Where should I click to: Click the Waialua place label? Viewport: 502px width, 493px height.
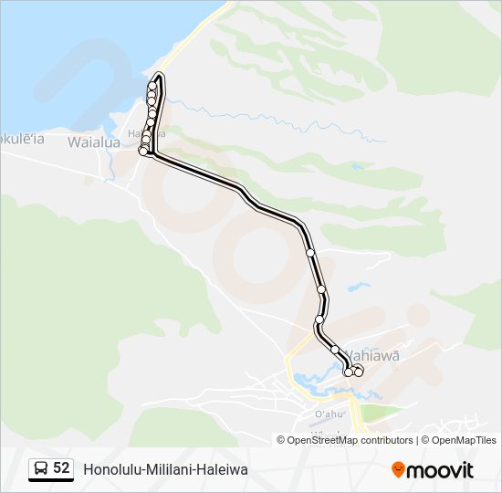pyautogui.click(x=92, y=142)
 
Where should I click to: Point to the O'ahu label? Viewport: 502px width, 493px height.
pyautogui.click(x=329, y=414)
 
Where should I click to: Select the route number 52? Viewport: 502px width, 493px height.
pyautogui.click(x=61, y=468)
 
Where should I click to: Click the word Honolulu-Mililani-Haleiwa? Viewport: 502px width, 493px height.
pyautogui.click(x=165, y=469)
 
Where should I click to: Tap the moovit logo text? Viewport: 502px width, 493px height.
pyautogui.click(x=440, y=470)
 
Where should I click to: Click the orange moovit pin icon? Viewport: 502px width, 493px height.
pyautogui.click(x=398, y=469)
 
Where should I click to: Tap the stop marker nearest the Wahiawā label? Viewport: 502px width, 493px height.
pyautogui.click(x=359, y=370)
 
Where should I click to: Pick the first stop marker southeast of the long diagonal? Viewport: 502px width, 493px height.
pyautogui.click(x=310, y=252)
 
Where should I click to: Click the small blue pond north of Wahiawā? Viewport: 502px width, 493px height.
pyautogui.click(x=359, y=287)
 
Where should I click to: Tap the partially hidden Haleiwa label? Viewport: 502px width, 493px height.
pyautogui.click(x=137, y=133)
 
